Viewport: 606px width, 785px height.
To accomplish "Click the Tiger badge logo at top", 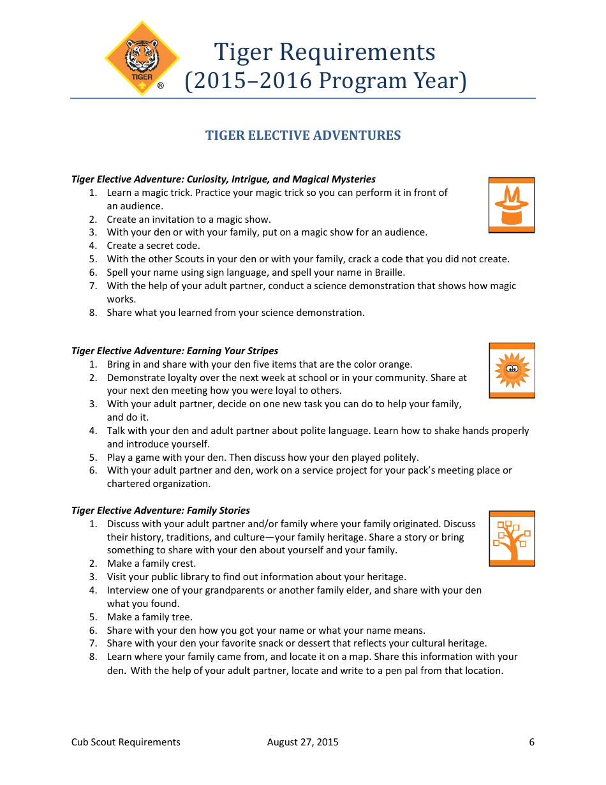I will [142, 59].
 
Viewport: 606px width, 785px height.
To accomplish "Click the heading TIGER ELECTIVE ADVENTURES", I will [303, 135].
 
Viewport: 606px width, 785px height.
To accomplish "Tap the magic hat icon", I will [512, 205].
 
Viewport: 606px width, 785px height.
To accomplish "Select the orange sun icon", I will [512, 370].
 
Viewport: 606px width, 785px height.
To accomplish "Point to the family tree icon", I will [512, 538].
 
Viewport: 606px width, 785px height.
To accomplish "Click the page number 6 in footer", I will [531, 742].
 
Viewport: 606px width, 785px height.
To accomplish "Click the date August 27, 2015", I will [303, 742].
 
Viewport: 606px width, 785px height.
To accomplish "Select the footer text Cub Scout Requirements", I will [126, 742].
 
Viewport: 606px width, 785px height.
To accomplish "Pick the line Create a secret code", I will [153, 246].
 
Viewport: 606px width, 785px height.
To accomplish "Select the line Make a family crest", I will [151, 564].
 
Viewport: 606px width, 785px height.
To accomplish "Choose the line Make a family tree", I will [149, 617].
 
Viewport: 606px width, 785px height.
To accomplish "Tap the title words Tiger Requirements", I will [325, 52].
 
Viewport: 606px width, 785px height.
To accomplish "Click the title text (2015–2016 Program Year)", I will [325, 81].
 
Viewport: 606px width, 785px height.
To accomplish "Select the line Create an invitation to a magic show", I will [189, 219].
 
